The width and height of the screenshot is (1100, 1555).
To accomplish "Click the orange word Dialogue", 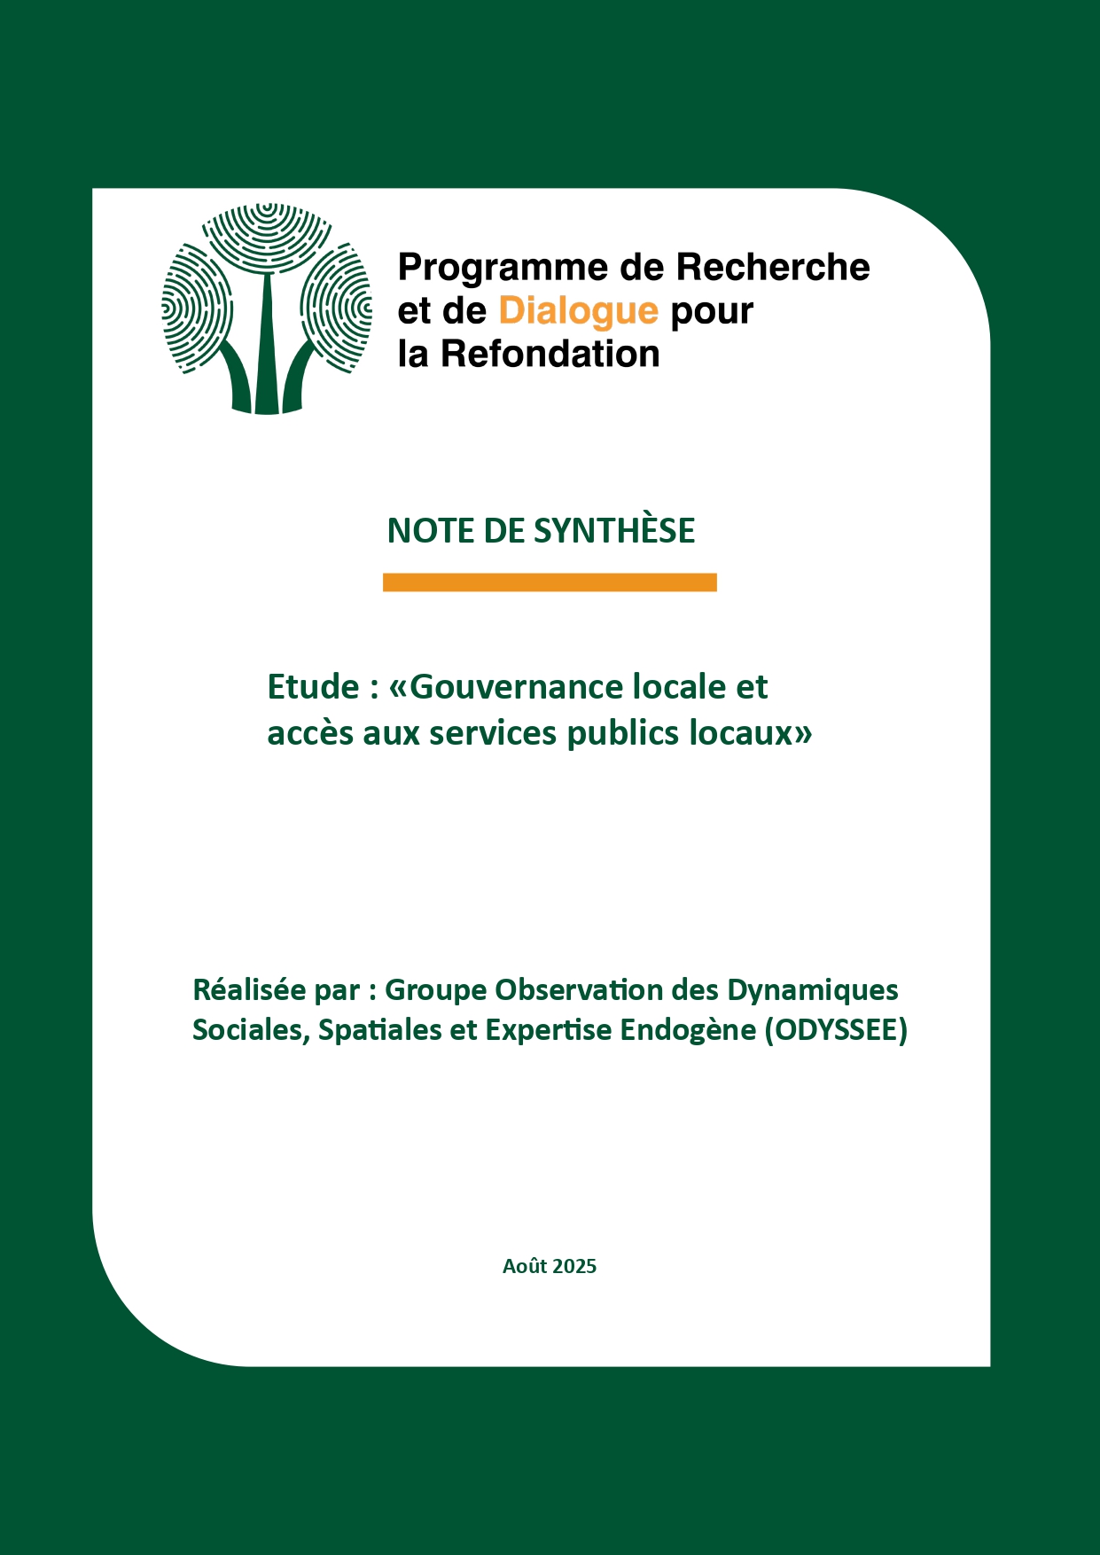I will point(578,311).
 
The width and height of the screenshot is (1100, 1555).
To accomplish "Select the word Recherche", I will point(772,268).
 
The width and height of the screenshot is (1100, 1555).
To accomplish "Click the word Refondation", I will point(550,355).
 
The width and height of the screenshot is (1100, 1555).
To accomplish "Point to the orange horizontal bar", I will point(550,582).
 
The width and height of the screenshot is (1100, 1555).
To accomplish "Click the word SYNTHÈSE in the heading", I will point(614,531).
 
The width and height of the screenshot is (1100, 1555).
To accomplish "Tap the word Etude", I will point(313,687).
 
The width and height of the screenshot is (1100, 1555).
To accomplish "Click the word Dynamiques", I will point(813,990).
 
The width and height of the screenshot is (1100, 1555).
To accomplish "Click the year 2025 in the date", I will point(574,1267).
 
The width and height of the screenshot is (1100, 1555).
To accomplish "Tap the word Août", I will point(525,1267).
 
